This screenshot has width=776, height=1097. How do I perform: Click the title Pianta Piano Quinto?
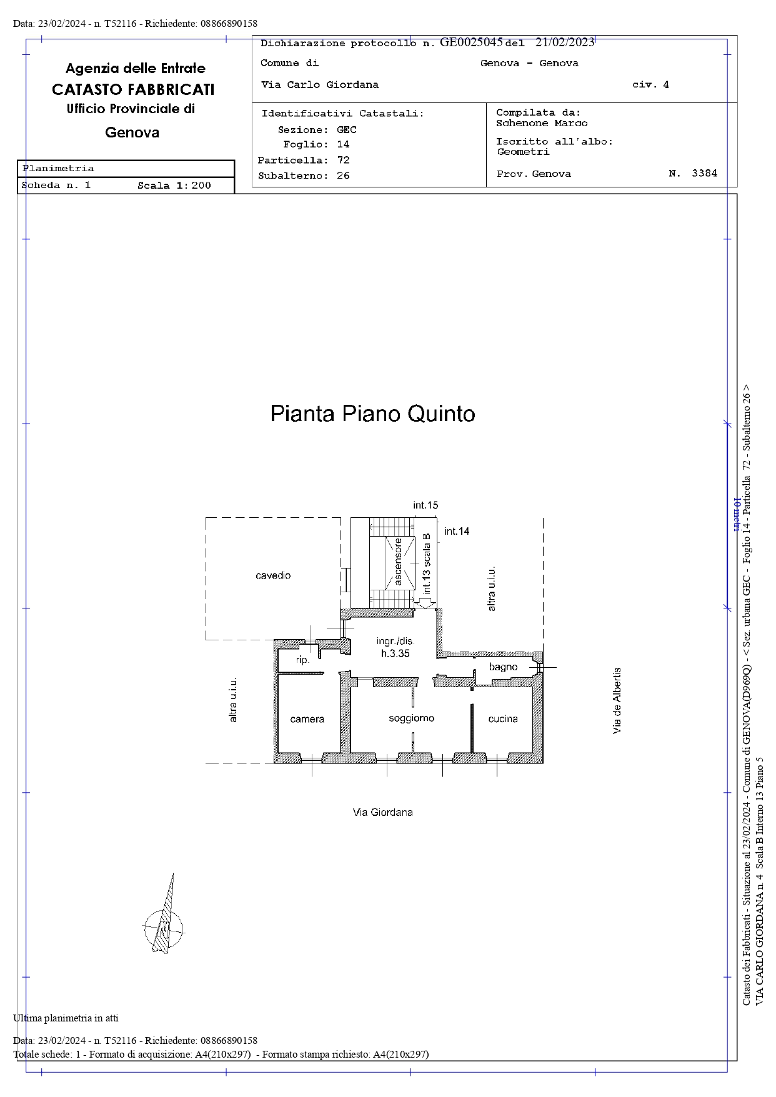[x=372, y=414]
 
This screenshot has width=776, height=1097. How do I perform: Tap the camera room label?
[x=307, y=720]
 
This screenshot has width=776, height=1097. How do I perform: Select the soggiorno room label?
[x=411, y=718]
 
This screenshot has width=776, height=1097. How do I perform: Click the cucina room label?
[x=503, y=719]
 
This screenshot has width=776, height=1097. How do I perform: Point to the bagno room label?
[x=503, y=667]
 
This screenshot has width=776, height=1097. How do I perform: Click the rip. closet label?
[x=302, y=660]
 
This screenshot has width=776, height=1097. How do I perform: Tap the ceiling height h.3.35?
[x=395, y=653]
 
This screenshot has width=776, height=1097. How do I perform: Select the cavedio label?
[x=273, y=575]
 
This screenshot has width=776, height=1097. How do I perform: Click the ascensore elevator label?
[x=398, y=562]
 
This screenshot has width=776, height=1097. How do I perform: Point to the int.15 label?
[x=425, y=505]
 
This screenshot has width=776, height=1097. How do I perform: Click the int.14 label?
[x=457, y=531]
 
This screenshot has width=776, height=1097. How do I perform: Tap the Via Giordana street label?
[x=382, y=812]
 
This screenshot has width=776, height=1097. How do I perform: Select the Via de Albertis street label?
[x=617, y=700]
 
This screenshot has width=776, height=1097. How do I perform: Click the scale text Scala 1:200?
[x=174, y=186]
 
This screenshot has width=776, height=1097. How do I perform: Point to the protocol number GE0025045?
[x=471, y=42]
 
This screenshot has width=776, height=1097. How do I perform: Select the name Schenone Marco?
[x=542, y=123]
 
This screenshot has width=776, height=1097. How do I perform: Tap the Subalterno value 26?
[x=343, y=176]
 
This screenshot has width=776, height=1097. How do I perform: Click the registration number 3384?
[x=704, y=174]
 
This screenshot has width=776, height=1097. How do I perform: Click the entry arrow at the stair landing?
[x=425, y=603]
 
